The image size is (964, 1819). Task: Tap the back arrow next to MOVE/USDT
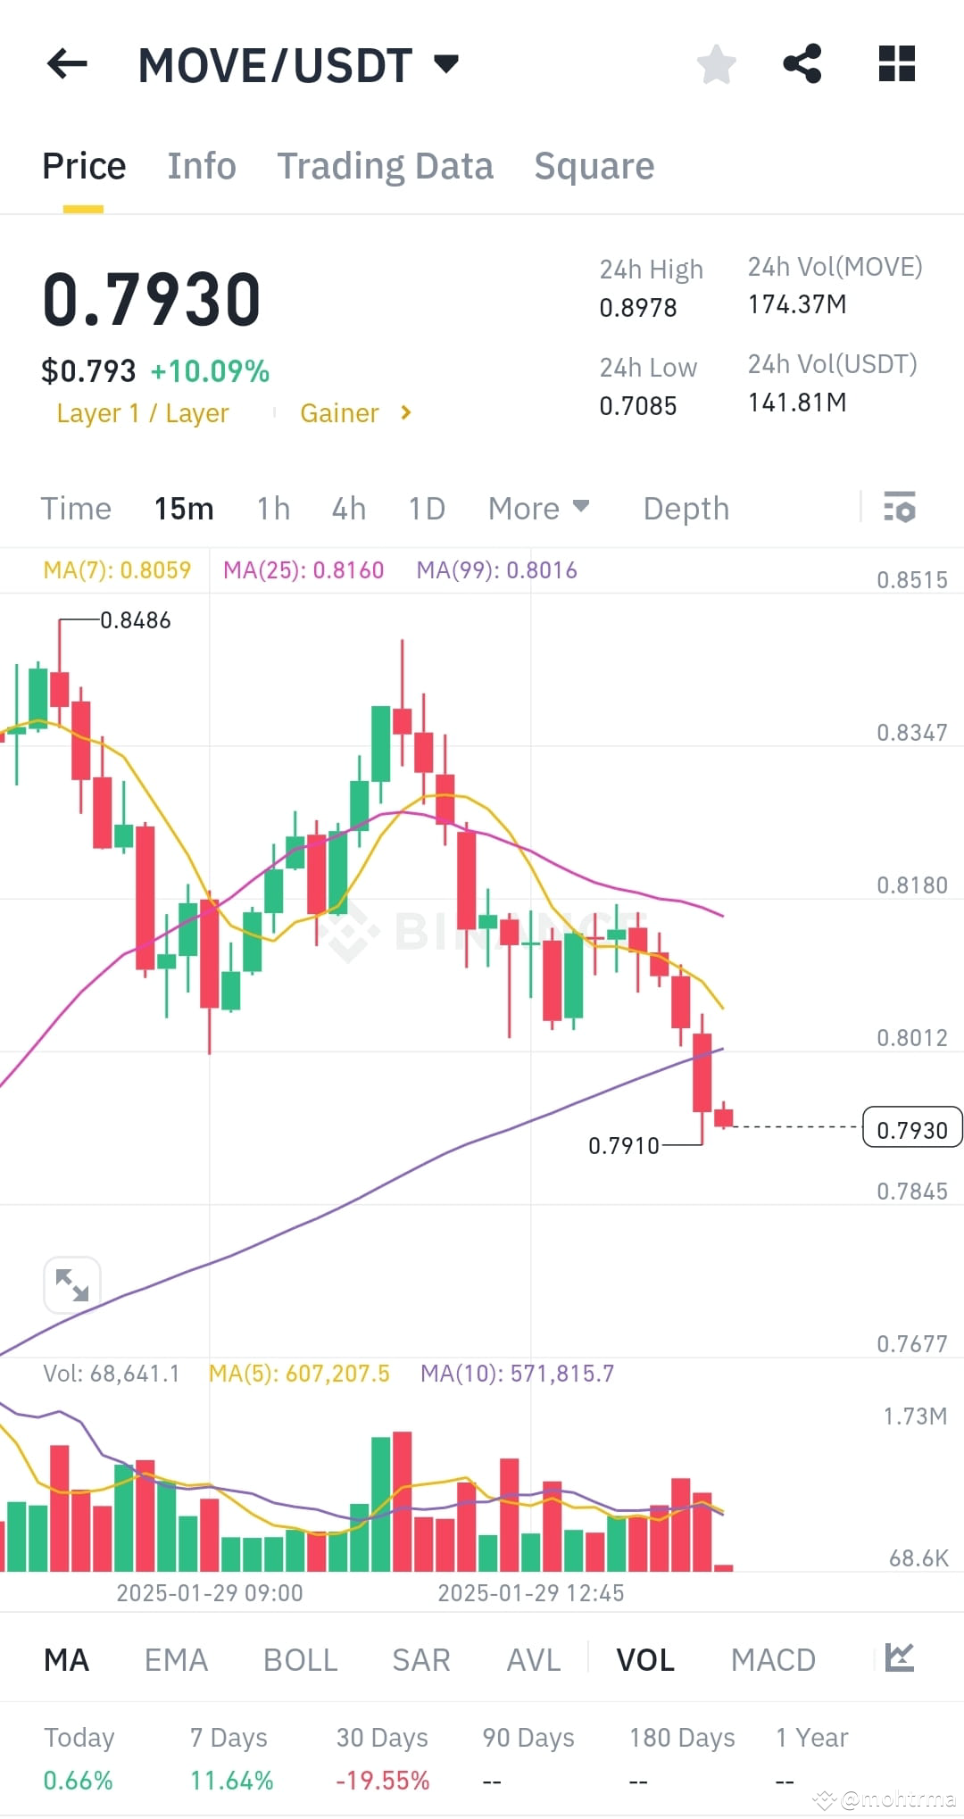(x=67, y=64)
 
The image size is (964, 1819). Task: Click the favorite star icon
(x=716, y=64)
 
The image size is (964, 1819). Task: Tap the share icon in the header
(x=802, y=64)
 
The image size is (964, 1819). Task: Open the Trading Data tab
(x=385, y=166)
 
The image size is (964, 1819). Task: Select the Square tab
(x=594, y=166)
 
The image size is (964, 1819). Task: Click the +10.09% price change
(x=210, y=371)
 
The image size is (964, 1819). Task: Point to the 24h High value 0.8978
(x=638, y=308)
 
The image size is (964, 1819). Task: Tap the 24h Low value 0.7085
(x=638, y=406)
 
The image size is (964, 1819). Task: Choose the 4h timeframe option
(x=349, y=509)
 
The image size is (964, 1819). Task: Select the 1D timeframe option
(x=427, y=509)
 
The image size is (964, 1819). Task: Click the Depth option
(x=686, y=509)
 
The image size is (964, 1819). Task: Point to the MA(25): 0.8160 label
(x=303, y=570)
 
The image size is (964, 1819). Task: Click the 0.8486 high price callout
(x=135, y=620)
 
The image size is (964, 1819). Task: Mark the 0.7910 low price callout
(x=623, y=1145)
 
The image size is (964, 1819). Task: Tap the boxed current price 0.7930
(x=911, y=1130)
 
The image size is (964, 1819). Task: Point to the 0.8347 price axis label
(x=911, y=733)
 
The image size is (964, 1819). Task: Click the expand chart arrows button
(x=71, y=1284)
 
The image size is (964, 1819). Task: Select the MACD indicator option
(x=773, y=1660)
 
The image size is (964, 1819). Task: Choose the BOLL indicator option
(x=300, y=1660)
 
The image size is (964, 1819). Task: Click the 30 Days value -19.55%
(x=382, y=1781)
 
